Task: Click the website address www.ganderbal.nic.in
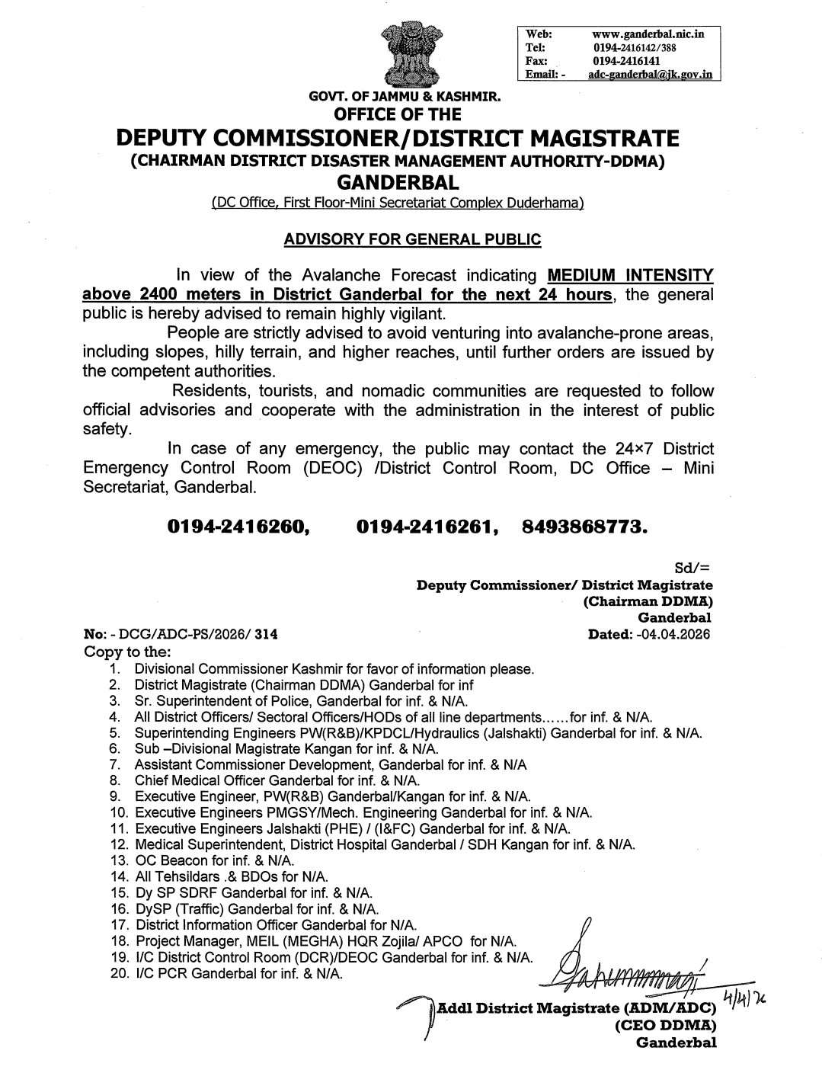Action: tap(648, 34)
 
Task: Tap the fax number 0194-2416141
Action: tap(626, 61)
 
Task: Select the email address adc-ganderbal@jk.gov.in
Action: tap(651, 75)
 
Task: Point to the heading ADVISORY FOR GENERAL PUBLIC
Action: tap(412, 239)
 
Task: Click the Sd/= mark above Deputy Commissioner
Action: tap(692, 569)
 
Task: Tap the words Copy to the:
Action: tap(127, 652)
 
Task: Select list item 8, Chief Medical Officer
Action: tap(277, 780)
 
